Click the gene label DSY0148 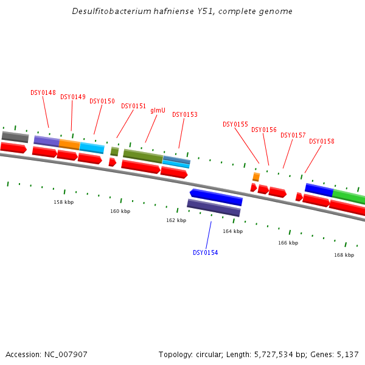[x=43, y=93]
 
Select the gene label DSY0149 [x=73, y=97]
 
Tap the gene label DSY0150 [x=102, y=102]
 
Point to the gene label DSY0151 [x=134, y=106]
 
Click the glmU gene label [x=158, y=110]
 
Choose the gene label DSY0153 [x=185, y=114]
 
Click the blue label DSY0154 [x=206, y=252]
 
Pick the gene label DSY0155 [x=235, y=124]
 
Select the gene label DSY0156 [x=264, y=130]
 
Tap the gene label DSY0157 [x=293, y=135]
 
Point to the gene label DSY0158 [x=322, y=141]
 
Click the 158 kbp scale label [x=64, y=202]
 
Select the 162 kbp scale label [x=176, y=220]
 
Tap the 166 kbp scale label [x=288, y=243]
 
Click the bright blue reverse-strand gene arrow [x=217, y=197]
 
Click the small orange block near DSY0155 [x=256, y=177]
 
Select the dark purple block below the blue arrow [x=214, y=208]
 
